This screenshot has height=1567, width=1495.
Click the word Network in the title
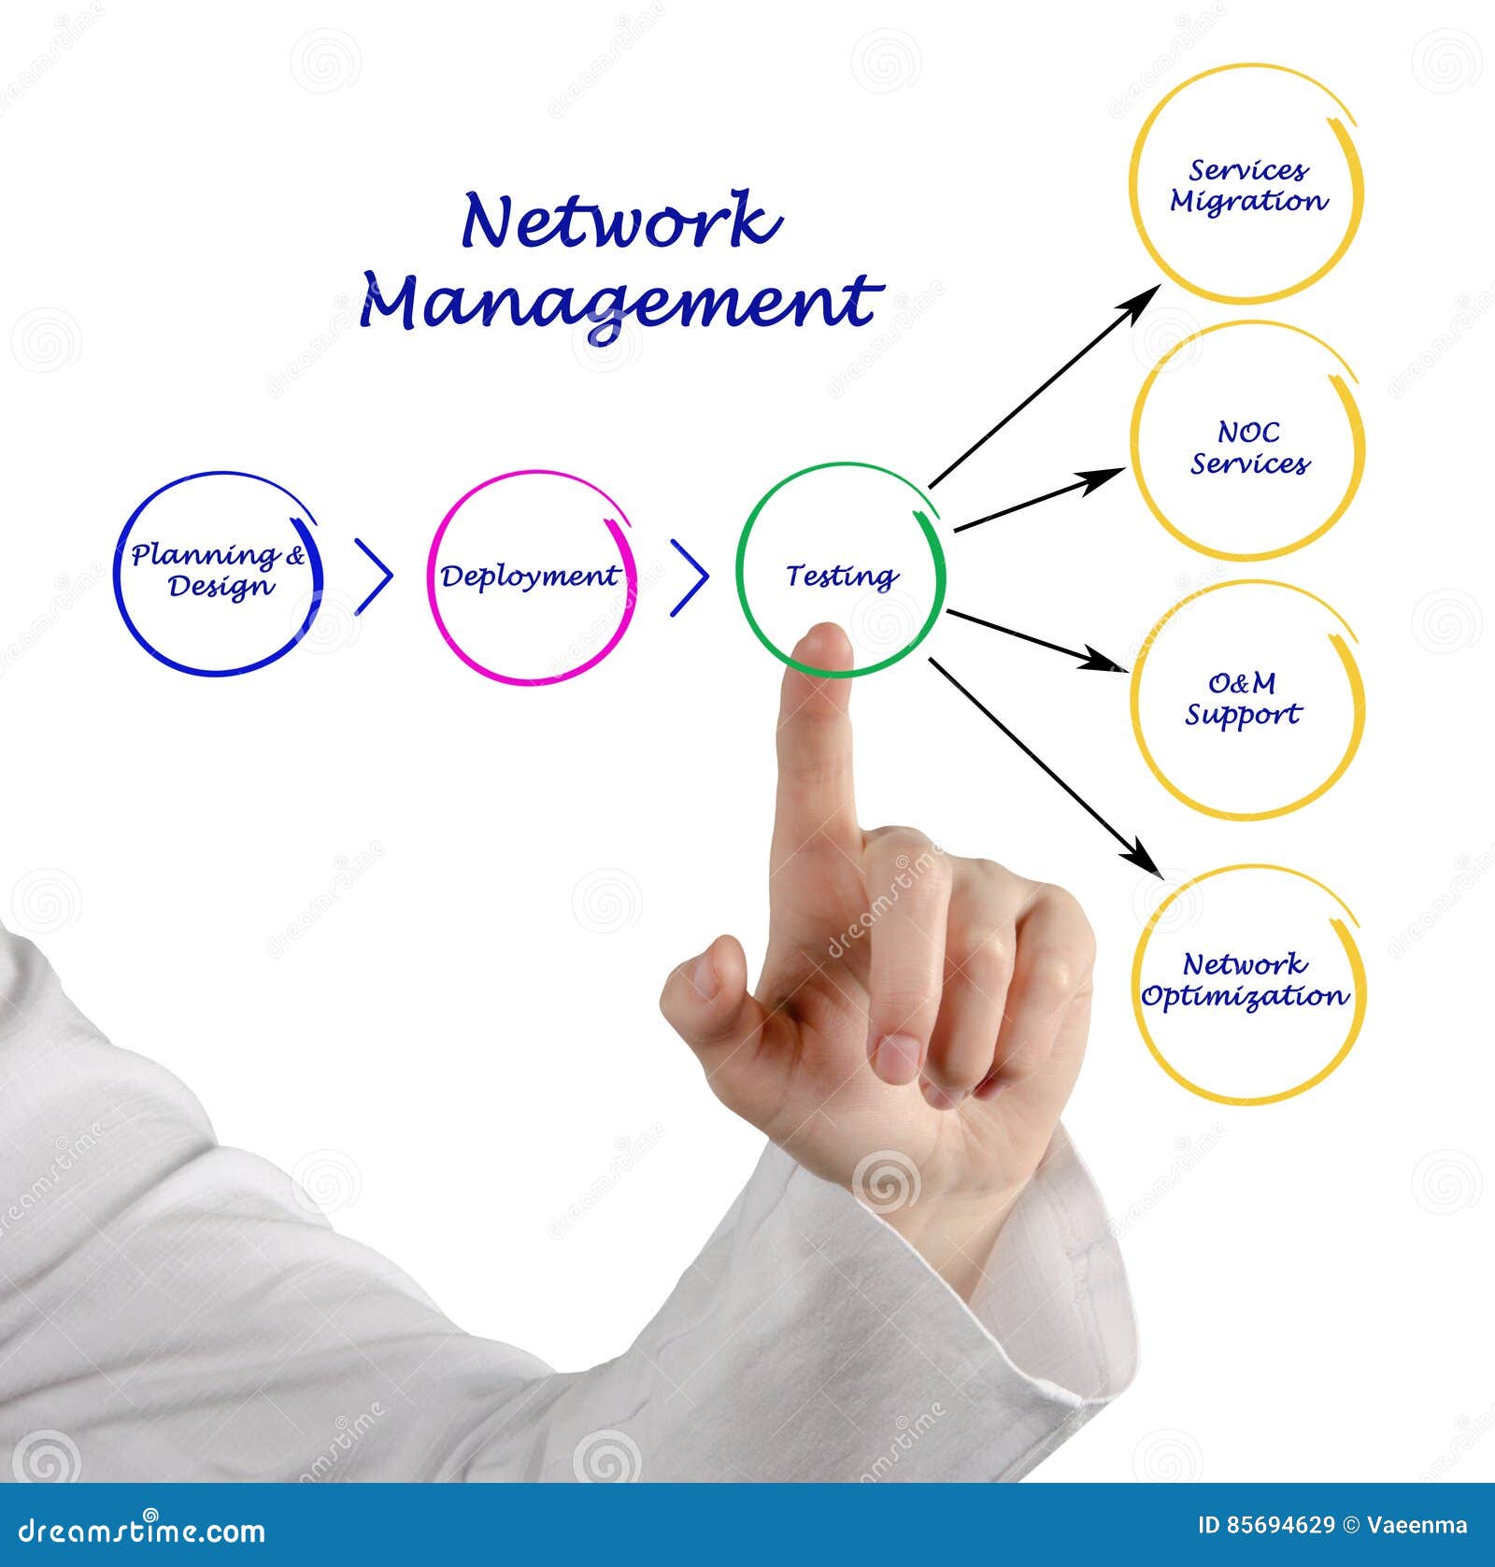[x=620, y=221]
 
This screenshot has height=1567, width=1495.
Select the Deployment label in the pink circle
[x=530, y=577]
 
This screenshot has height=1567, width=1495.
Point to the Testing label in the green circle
[x=841, y=576]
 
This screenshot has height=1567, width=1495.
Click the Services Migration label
[x=1247, y=185]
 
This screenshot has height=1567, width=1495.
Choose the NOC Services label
[x=1248, y=448]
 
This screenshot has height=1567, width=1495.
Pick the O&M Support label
[x=1243, y=699]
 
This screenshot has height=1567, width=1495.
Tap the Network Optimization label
[x=1245, y=979]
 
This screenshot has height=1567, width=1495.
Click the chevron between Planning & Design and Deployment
[x=374, y=577]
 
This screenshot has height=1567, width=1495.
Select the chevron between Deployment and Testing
[x=690, y=577]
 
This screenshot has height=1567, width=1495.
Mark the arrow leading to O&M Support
[x=1037, y=641]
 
